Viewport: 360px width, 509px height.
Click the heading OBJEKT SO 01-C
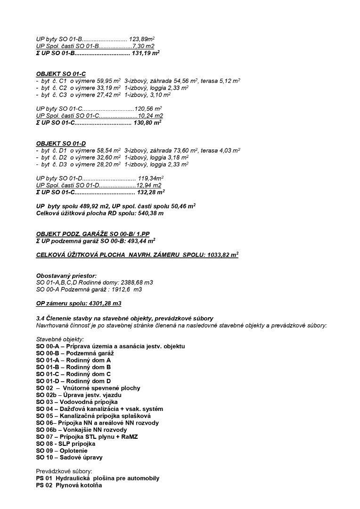pos(61,74)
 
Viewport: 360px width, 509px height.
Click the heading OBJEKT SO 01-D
pos(61,143)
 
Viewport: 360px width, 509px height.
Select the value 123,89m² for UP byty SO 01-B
pos(142,39)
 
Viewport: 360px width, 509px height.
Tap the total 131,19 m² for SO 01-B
pos(146,53)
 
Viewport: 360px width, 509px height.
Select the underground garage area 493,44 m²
pos(140,241)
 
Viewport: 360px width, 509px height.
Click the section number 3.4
pos(41,319)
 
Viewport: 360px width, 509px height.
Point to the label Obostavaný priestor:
pos(66,275)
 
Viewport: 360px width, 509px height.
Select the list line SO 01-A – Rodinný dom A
pos(74,360)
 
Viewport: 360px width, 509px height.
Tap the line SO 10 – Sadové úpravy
pos(69,458)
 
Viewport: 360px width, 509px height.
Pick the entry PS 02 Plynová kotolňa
pos(69,485)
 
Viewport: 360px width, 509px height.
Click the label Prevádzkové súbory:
pos(64,471)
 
